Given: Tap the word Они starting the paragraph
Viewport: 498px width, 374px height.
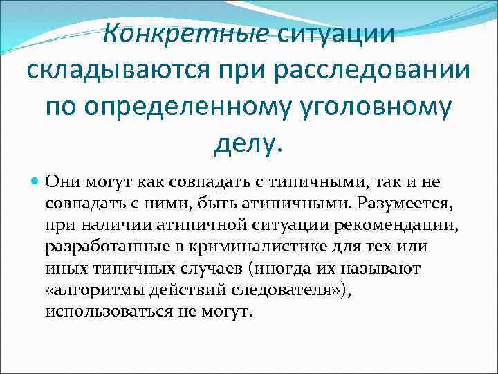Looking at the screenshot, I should [x=61, y=181].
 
